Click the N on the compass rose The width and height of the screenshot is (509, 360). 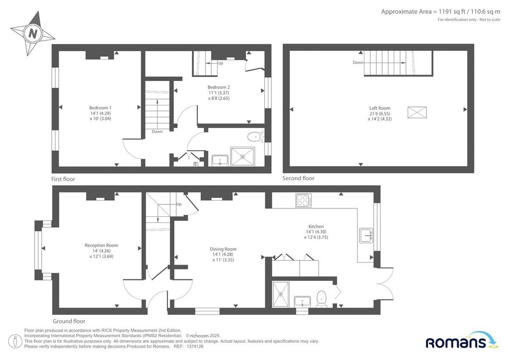click(x=33, y=33)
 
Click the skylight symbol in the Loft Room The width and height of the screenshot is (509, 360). click(x=417, y=112)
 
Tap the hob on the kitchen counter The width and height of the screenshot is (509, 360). click(x=304, y=200)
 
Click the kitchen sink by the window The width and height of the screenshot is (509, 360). click(x=366, y=235)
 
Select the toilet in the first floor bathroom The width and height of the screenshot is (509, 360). click(x=255, y=137)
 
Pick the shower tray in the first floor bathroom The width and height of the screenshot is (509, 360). click(x=243, y=157)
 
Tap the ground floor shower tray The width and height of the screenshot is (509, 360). click(x=280, y=294)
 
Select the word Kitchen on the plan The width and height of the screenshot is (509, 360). click(x=316, y=226)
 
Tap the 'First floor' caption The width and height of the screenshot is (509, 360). click(x=63, y=179)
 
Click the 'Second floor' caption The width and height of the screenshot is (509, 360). click(x=298, y=178)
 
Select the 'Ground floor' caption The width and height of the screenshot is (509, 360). click(x=69, y=321)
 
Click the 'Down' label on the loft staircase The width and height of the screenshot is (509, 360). click(x=358, y=62)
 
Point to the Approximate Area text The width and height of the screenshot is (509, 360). click(x=440, y=12)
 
